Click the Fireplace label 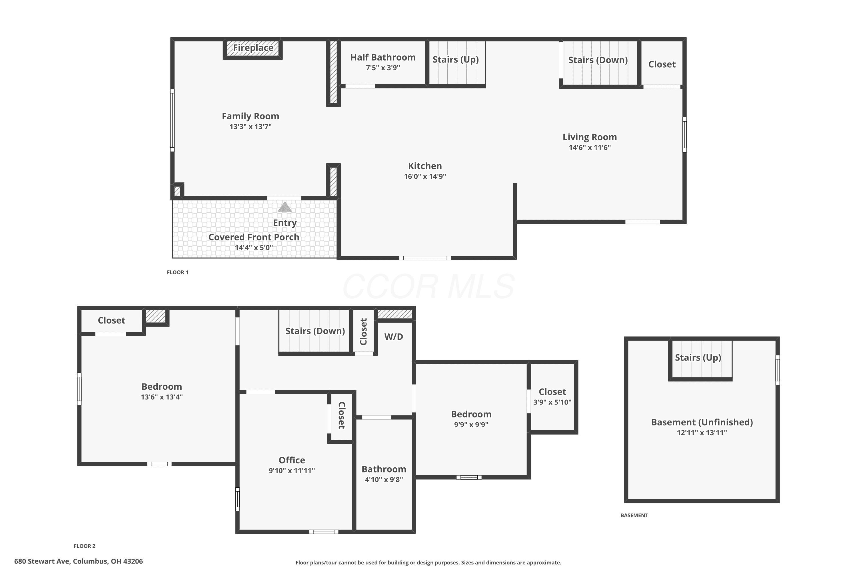(253, 48)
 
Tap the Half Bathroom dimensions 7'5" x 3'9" (383, 68)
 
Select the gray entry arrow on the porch (285, 207)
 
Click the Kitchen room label (425, 166)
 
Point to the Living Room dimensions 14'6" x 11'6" (590, 148)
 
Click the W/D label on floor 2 (394, 337)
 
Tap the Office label (292, 460)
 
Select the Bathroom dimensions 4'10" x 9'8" (384, 480)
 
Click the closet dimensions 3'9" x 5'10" (552, 402)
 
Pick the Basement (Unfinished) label (702, 423)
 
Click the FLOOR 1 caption (177, 272)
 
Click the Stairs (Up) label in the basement (698, 358)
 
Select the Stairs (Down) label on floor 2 (315, 331)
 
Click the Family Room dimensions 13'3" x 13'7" (250, 127)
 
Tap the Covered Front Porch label (254, 237)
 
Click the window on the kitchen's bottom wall (425, 258)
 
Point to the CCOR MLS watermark (428, 287)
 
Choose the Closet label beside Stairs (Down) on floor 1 (662, 65)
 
